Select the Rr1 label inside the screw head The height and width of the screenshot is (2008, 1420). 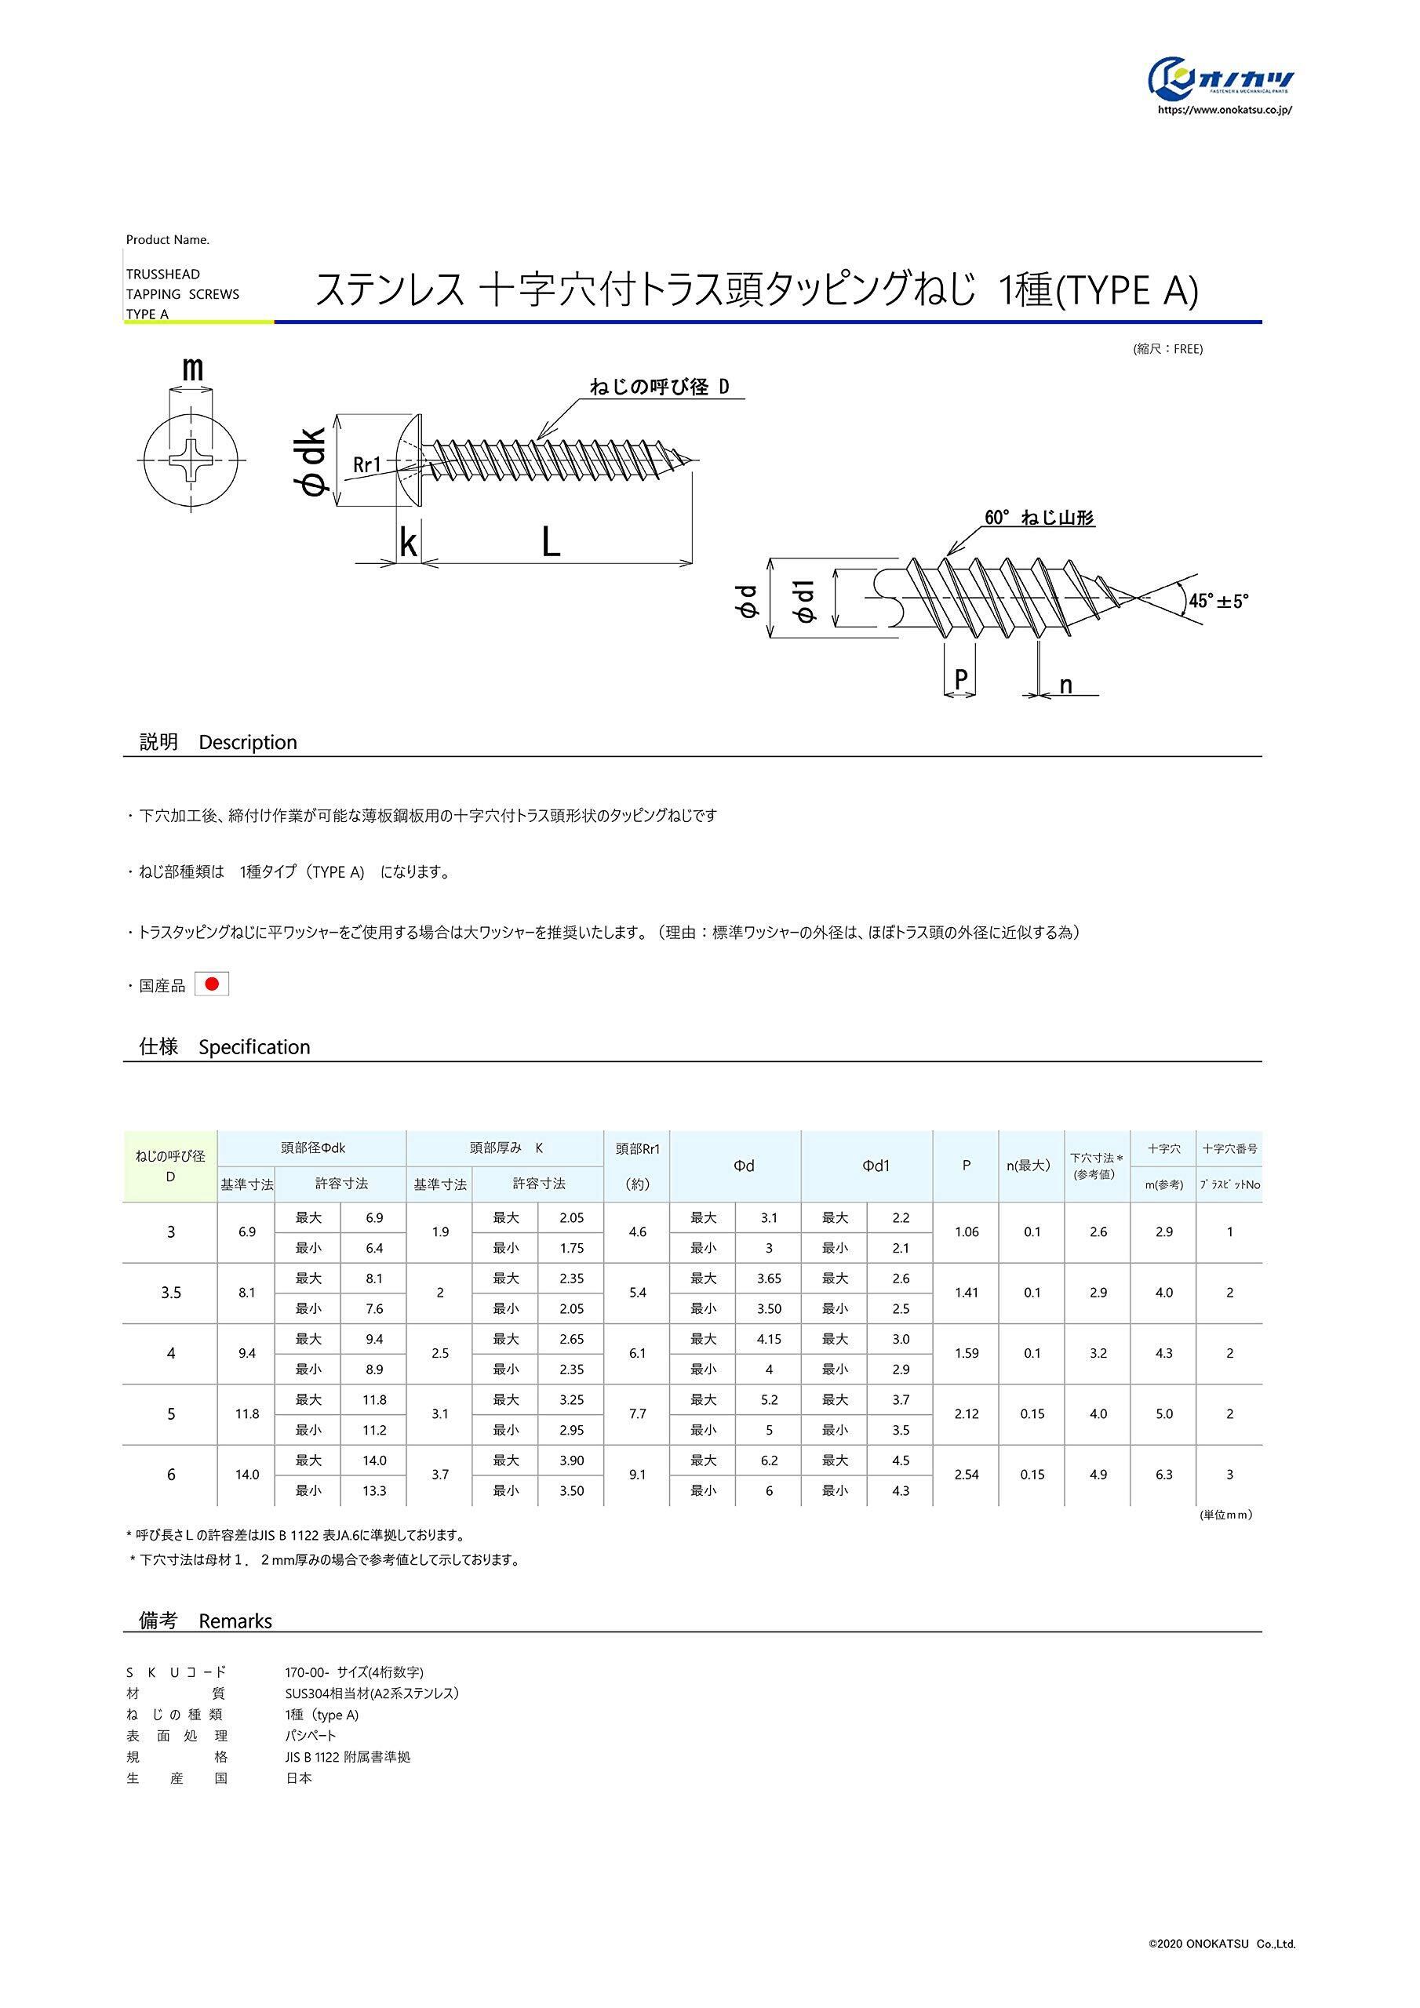coord(367,465)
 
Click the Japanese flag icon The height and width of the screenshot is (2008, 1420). coord(211,984)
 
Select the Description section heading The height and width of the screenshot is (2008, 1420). coord(219,743)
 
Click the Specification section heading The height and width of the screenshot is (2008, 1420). coord(225,1047)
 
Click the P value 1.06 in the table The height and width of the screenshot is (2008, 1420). coord(966,1232)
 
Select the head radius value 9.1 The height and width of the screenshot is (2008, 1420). coord(637,1475)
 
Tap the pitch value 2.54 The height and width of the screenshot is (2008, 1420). coord(966,1475)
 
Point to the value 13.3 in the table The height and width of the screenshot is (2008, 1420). coord(373,1490)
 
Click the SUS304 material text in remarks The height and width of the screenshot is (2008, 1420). coord(372,1693)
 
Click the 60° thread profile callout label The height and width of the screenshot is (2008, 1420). coord(1039,518)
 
